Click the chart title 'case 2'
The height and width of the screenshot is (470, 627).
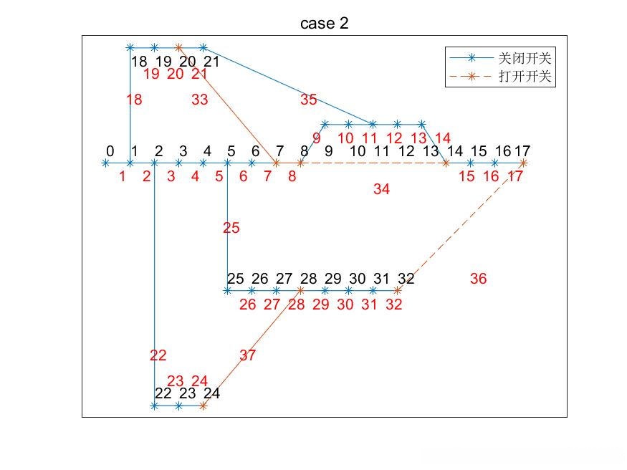[324, 24]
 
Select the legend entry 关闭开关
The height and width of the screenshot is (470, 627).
[524, 58]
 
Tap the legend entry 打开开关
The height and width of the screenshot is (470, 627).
[524, 77]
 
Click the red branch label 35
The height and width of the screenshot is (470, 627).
[308, 100]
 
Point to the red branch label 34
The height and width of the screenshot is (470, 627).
[381, 189]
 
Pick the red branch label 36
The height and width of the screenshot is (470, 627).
[478, 279]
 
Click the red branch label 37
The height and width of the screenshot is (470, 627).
[247, 355]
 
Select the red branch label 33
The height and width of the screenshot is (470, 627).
[200, 100]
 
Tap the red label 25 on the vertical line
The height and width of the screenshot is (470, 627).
[231, 229]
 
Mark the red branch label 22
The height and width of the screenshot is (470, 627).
[158, 355]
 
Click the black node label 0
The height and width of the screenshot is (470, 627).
[110, 151]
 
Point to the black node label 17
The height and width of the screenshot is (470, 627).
[522, 151]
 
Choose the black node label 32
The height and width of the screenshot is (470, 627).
[406, 279]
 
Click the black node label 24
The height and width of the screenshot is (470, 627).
[211, 393]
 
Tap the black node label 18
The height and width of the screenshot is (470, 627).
[139, 62]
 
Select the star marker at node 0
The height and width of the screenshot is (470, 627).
[106, 163]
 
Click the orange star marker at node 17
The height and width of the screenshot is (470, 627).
[523, 163]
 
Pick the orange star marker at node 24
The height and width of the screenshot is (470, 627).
[204, 406]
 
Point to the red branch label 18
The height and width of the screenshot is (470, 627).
[134, 100]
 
